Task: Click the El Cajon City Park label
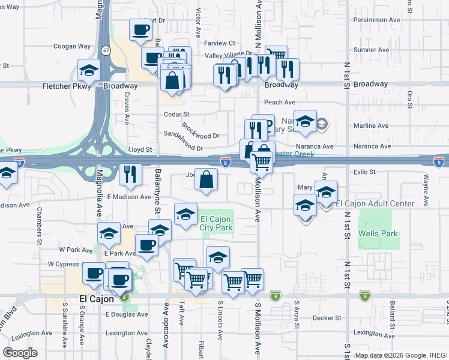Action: tap(215, 223)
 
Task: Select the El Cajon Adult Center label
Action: tap(375, 204)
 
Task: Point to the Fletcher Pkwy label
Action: tap(67, 86)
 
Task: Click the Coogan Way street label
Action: tap(72, 46)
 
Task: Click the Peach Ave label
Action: tap(280, 103)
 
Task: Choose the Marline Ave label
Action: tap(371, 126)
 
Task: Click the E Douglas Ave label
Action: tap(126, 314)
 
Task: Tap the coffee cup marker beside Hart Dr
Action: tap(141, 29)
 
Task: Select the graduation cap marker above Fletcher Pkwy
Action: tap(89, 70)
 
